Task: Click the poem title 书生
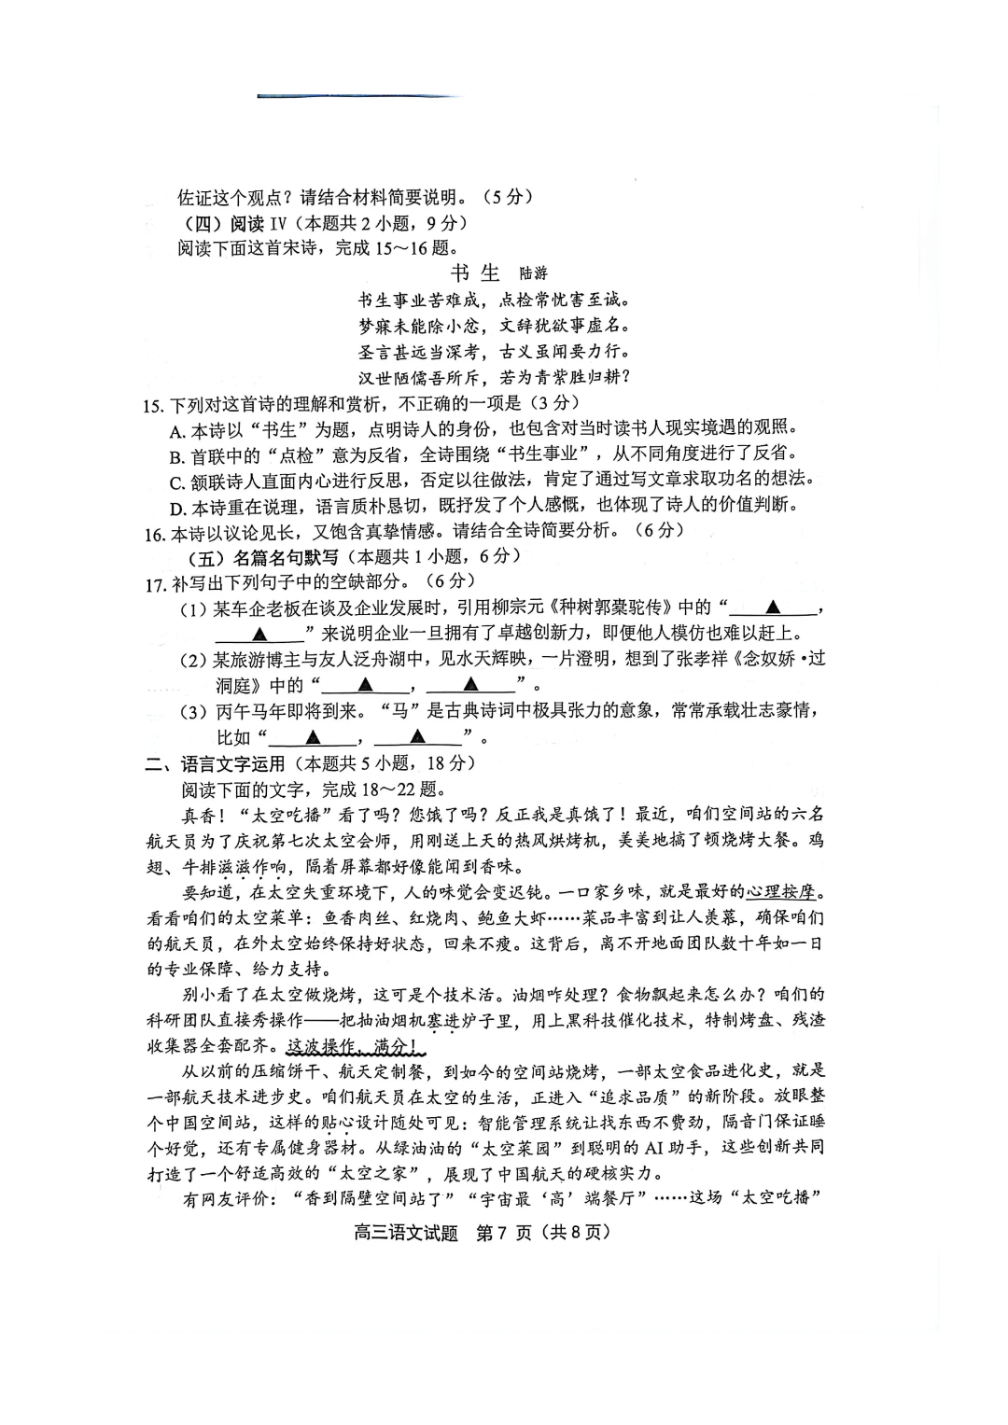point(475,272)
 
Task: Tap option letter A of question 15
point(178,430)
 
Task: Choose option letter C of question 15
point(178,482)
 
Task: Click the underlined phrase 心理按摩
point(786,889)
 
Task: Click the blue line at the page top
point(358,96)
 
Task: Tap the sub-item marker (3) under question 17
point(192,712)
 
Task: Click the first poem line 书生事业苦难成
point(419,300)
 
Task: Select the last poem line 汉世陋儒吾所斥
point(419,378)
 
